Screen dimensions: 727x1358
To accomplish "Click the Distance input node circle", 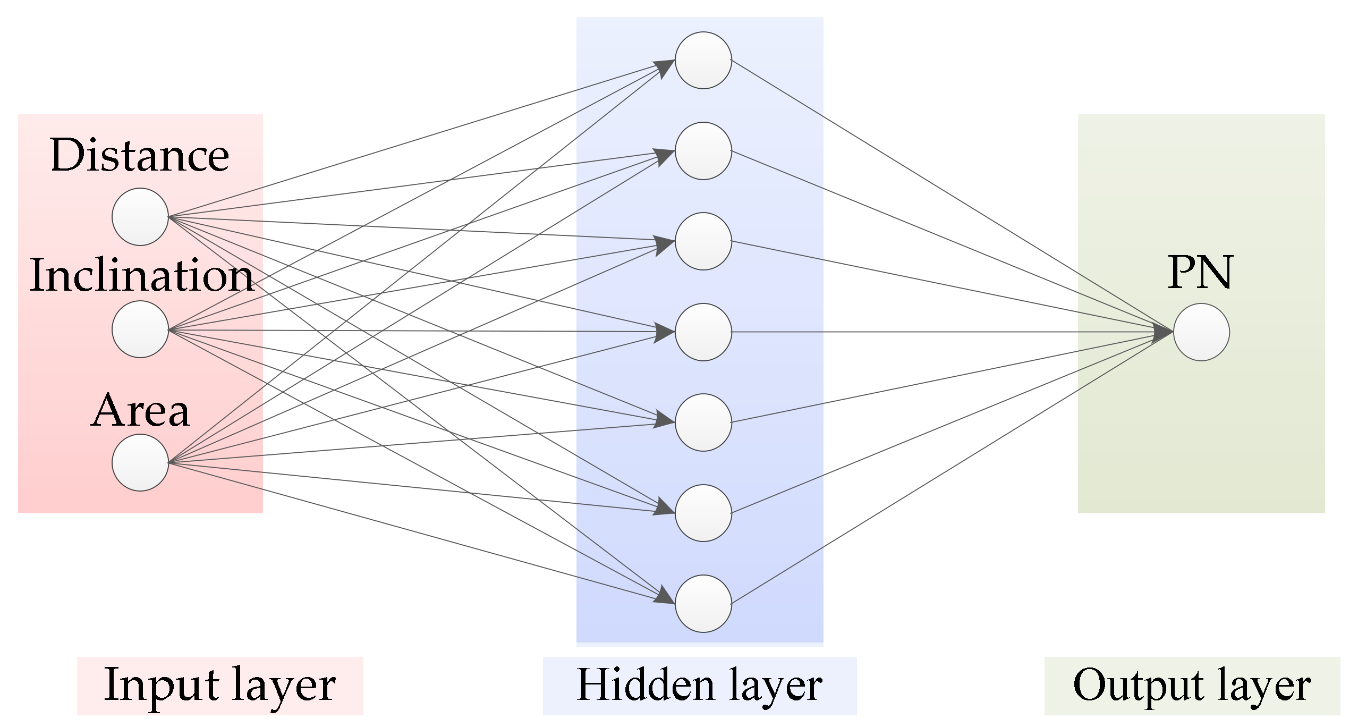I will coord(140,217).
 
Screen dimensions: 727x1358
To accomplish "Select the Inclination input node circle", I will coord(140,329).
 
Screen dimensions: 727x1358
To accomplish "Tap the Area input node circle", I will coord(140,463).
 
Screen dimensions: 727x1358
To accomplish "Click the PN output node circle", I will coord(1201,332).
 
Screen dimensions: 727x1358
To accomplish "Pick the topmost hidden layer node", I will coord(703,60).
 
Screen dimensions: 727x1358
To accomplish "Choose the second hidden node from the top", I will coord(703,151).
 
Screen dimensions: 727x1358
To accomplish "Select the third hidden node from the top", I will coord(703,241).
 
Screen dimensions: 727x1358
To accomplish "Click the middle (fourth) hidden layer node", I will coord(703,332).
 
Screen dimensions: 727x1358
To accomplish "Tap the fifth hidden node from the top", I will coord(703,422).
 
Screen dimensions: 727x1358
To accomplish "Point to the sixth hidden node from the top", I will coord(703,513).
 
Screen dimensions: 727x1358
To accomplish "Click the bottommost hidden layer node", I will coord(703,604).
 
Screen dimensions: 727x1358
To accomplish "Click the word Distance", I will coord(140,155).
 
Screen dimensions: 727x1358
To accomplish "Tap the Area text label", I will coord(140,411).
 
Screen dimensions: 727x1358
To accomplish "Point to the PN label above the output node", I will coord(1200,273).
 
